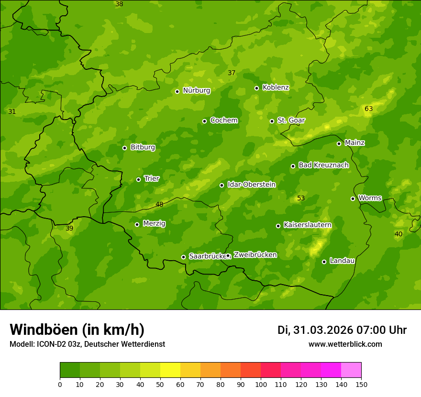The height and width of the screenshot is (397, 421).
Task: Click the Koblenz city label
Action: (276, 88)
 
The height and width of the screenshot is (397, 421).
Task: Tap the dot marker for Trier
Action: (138, 179)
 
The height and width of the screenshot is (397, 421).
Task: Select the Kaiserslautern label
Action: (308, 225)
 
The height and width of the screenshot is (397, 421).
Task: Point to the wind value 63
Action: (368, 109)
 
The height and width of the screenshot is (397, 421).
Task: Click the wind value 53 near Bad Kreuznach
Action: (300, 198)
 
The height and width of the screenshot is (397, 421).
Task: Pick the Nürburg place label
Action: (196, 90)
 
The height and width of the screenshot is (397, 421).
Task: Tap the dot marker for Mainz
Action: (339, 143)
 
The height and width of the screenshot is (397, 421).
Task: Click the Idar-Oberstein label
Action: (251, 184)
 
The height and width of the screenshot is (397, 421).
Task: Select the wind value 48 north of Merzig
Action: (159, 204)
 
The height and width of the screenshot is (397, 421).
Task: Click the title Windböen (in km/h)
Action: (77, 330)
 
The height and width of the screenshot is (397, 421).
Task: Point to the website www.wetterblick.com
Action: (345, 344)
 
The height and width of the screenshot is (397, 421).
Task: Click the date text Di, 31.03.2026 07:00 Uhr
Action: (342, 330)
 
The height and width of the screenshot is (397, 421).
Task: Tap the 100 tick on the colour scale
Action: (261, 384)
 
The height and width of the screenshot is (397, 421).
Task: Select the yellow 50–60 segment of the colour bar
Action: (170, 370)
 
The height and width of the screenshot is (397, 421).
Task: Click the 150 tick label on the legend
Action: (361, 384)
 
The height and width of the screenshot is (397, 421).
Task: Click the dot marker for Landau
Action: (324, 262)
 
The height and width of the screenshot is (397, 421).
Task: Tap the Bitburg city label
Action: (143, 147)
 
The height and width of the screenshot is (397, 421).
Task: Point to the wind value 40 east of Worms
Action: (398, 234)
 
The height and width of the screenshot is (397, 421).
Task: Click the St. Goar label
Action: (291, 120)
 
